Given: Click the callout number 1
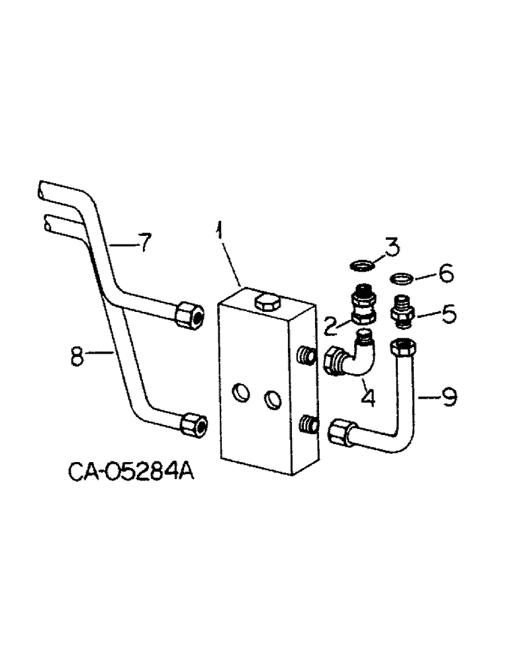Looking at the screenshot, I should point(218,235).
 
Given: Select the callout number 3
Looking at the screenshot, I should point(393,249).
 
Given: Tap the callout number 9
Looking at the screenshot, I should point(449,397).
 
